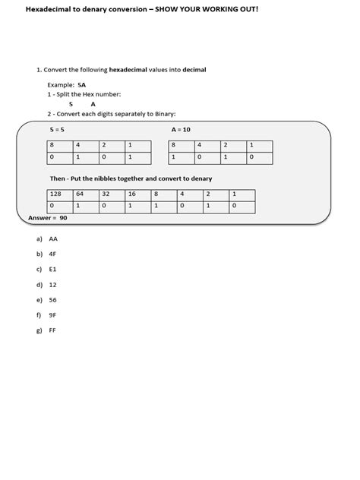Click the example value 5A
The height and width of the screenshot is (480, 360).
(x=81, y=86)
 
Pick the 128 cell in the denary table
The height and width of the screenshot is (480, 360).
(x=55, y=194)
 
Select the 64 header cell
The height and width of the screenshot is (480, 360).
(x=81, y=194)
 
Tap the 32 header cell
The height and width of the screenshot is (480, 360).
(x=107, y=194)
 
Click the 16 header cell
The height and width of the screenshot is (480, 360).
(x=132, y=194)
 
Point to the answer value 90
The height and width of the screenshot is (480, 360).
(x=64, y=218)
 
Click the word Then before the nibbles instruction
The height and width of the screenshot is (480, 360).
(x=57, y=178)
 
